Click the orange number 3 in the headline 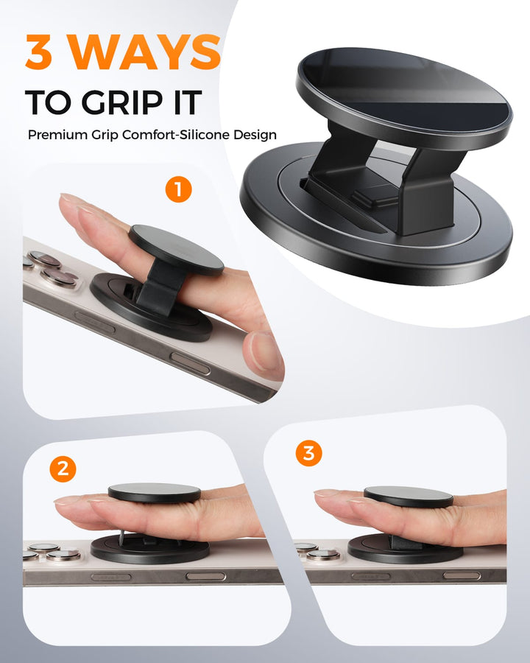click(39, 52)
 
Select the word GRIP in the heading click(121, 102)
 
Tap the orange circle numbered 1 click(178, 189)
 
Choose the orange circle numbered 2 click(63, 469)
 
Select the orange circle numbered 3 click(309, 453)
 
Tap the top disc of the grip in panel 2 click(155, 493)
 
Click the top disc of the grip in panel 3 click(409, 497)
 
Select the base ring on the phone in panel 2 click(149, 549)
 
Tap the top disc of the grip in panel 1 click(176, 250)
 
